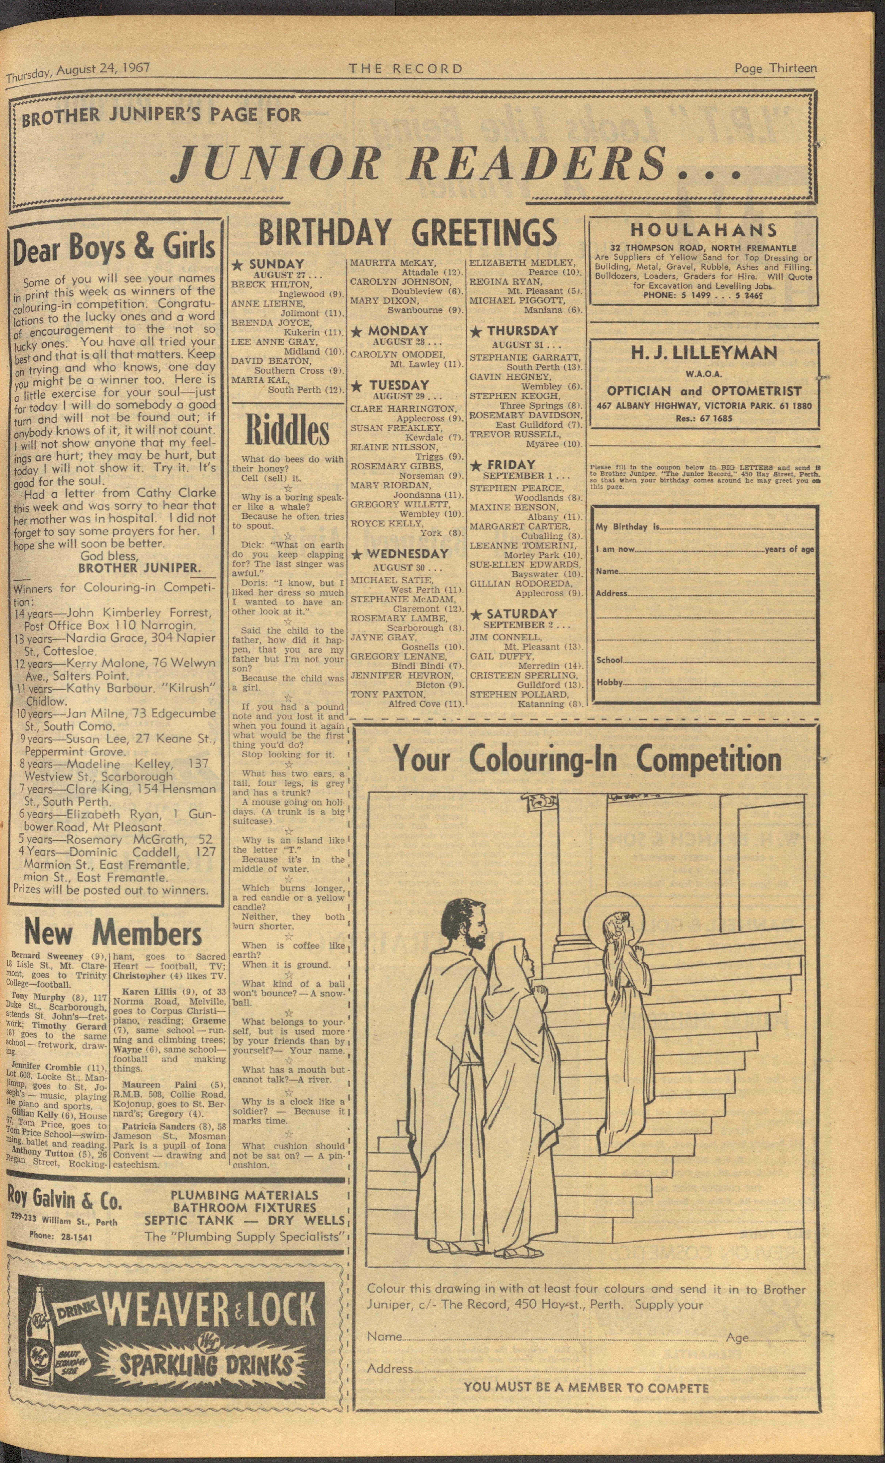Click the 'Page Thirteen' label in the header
coord(775,68)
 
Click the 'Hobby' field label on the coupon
coord(610,682)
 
